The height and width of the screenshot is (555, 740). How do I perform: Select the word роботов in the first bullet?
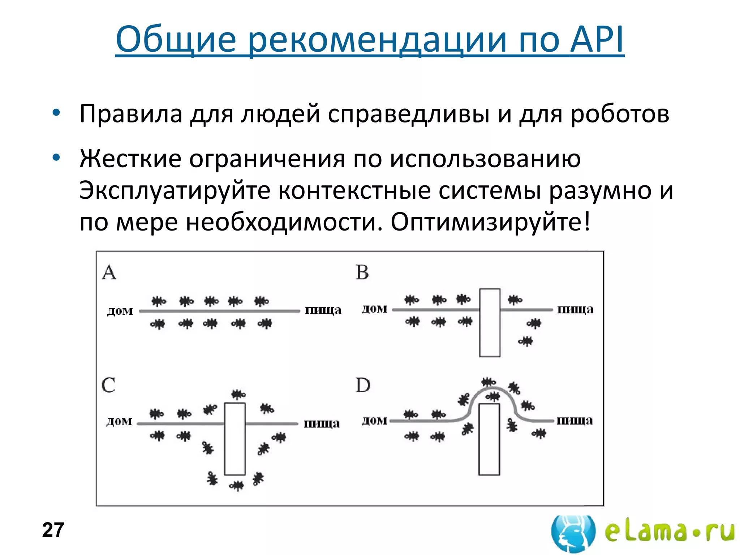[620, 114]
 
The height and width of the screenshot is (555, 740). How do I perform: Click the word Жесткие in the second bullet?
[130, 159]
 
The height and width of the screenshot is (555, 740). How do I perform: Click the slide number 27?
[53, 530]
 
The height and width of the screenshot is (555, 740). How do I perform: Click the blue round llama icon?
[573, 533]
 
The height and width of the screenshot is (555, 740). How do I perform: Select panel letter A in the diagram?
[109, 272]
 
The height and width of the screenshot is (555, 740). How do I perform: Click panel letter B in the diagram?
[362, 272]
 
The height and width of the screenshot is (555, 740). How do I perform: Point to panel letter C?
[108, 385]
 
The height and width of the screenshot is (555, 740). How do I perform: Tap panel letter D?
[363, 385]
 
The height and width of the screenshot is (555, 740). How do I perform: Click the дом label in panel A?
[120, 311]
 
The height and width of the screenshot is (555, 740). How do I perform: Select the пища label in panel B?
[575, 310]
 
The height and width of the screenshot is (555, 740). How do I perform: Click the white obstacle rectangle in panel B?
[490, 323]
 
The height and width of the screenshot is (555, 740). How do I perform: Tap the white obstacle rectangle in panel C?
[235, 439]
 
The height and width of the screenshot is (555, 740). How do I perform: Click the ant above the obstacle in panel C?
[238, 394]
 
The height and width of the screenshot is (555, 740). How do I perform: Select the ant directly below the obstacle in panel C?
[237, 486]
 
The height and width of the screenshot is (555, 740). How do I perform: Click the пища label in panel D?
[575, 421]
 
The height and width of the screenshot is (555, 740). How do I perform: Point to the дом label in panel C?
[119, 421]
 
